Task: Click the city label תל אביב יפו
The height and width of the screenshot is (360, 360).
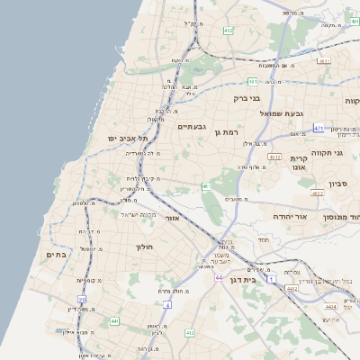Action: pyautogui.click(x=127, y=138)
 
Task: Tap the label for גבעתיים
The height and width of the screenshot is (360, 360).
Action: pyautogui.click(x=193, y=127)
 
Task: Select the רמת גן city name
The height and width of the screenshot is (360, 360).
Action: pyautogui.click(x=229, y=132)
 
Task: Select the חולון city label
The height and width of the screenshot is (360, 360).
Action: pyautogui.click(x=145, y=247)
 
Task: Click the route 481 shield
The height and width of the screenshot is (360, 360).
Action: pyautogui.click(x=253, y=81)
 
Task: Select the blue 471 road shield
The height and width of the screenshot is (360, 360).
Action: pyautogui.click(x=319, y=129)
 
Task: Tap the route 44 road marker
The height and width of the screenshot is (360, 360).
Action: pyautogui.click(x=219, y=278)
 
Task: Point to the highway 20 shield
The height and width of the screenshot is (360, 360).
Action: pyautogui.click(x=82, y=299)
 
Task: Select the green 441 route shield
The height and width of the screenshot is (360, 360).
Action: pyautogui.click(x=114, y=320)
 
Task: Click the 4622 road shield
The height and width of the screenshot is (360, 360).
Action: pyautogui.click(x=317, y=193)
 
